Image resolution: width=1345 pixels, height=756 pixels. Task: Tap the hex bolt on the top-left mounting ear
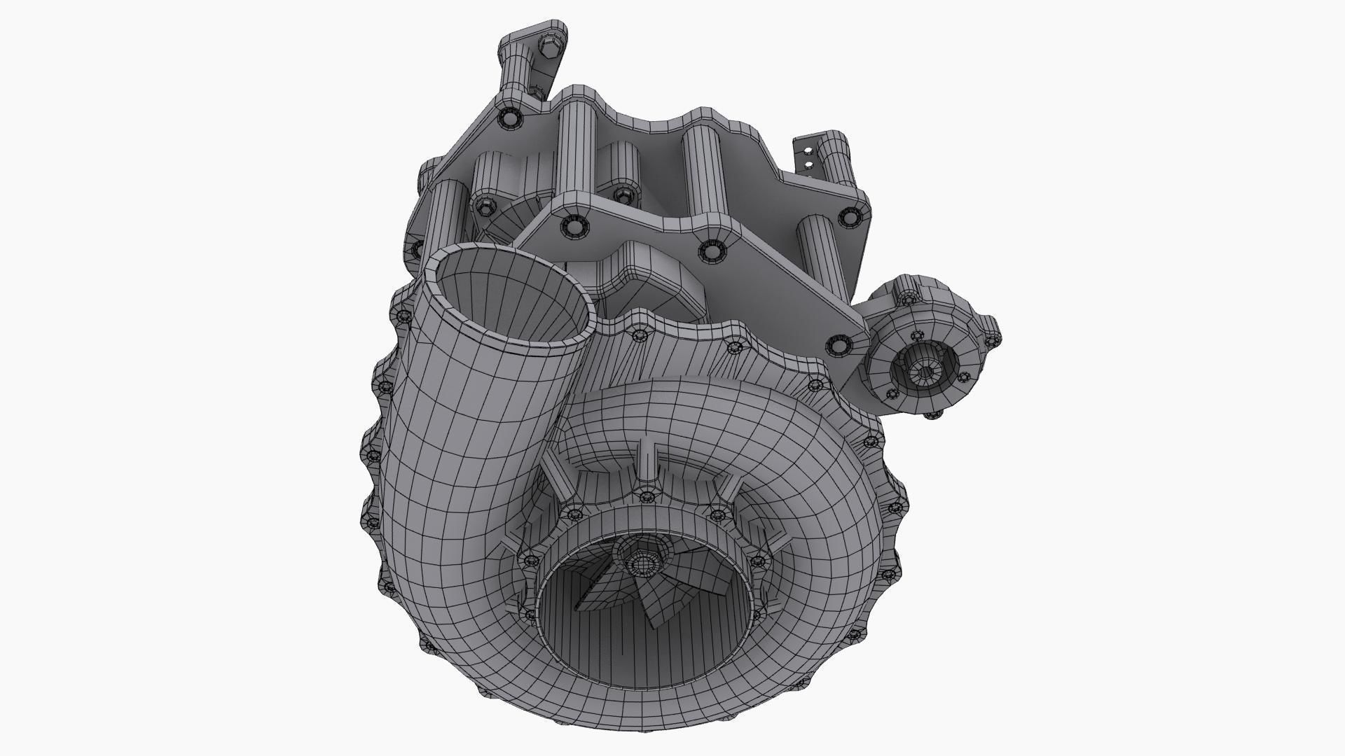click(548, 47)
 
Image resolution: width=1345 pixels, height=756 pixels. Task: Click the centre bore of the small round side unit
click(924, 372)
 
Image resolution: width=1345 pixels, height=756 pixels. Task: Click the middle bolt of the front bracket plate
click(712, 250)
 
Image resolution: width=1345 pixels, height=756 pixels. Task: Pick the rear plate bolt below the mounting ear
click(510, 119)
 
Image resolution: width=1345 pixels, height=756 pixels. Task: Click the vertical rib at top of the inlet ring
click(647, 465)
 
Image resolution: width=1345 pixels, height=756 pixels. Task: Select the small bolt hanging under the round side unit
click(932, 414)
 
